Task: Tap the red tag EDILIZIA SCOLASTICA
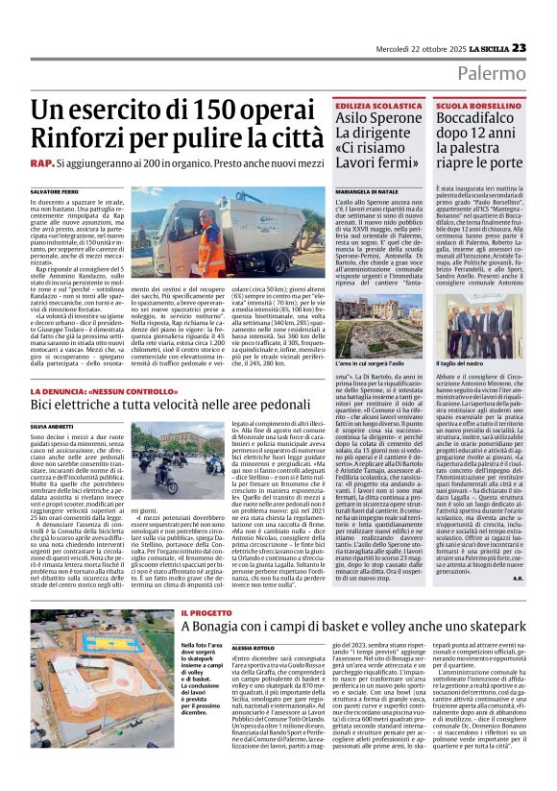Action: click(x=377, y=104)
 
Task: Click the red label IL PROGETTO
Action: click(x=203, y=612)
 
